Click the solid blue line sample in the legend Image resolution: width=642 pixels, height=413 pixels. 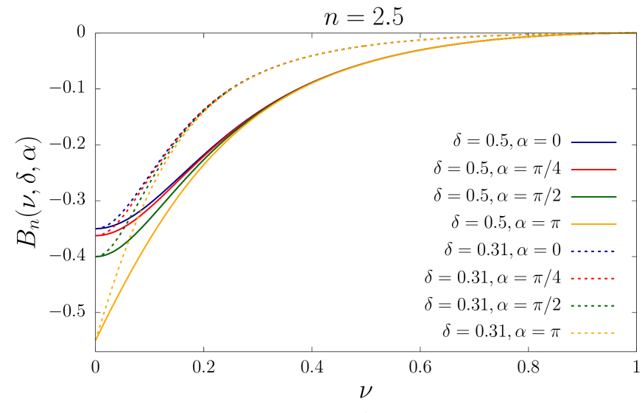click(593, 142)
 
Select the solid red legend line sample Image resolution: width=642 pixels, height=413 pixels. click(593, 170)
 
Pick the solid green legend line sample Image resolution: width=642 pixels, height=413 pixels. click(593, 197)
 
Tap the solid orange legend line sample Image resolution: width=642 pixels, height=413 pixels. click(593, 223)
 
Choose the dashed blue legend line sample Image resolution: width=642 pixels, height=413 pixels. click(593, 251)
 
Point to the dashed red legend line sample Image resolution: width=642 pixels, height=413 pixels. click(593, 278)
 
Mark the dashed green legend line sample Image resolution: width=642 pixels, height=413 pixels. click(593, 305)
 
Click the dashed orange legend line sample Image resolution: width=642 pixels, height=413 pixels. click(593, 333)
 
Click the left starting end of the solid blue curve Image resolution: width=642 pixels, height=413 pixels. click(96, 229)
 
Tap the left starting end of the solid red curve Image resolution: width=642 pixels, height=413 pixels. click(96, 235)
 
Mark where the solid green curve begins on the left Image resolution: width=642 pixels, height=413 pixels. click(96, 256)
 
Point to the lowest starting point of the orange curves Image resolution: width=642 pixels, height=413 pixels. click(96, 340)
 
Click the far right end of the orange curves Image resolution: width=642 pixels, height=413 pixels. click(636, 32)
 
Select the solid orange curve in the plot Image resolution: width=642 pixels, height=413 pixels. click(147, 243)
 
